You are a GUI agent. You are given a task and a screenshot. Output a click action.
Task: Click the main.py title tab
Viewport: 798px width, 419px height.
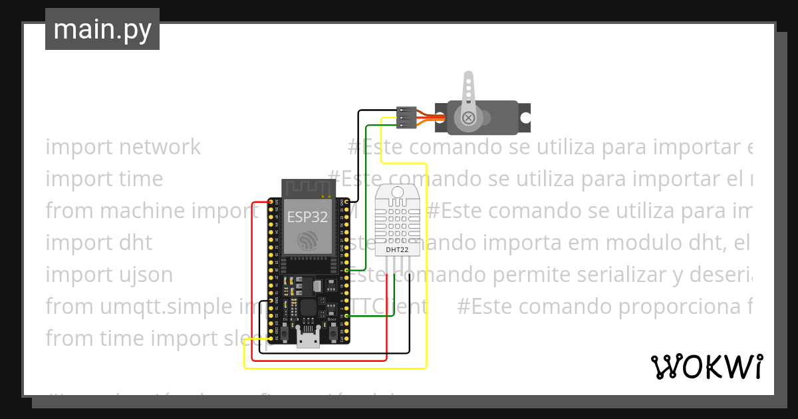point(102,29)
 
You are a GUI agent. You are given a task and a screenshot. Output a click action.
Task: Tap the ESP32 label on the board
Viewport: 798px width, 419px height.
point(307,216)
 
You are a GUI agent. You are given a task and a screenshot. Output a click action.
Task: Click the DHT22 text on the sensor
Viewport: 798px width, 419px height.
point(398,251)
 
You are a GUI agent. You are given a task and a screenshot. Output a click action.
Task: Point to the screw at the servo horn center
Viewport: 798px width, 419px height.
point(469,118)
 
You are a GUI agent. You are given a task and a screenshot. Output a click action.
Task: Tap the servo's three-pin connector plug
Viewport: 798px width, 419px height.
point(406,117)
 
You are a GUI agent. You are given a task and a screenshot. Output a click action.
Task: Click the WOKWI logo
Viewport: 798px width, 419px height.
point(706,366)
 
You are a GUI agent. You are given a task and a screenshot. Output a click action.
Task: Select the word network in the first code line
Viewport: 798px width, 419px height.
point(160,147)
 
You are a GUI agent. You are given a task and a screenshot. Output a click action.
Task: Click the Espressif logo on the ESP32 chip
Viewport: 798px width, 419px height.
point(307,240)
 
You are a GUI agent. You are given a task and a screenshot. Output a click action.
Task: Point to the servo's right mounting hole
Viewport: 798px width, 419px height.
point(525,118)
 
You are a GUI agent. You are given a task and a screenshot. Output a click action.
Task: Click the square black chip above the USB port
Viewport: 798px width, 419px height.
point(307,308)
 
